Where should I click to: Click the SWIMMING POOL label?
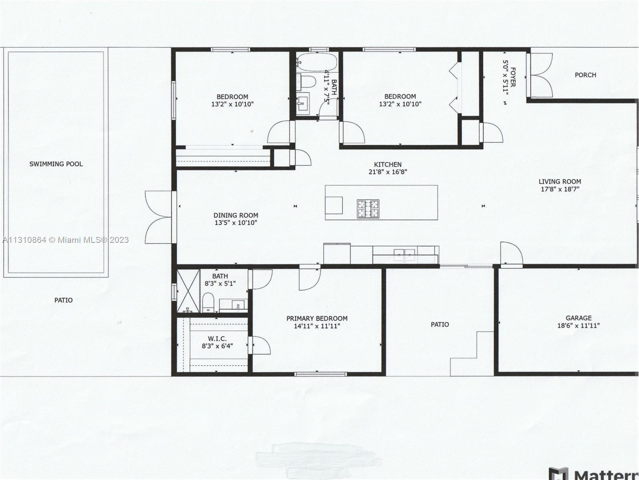click(56, 164)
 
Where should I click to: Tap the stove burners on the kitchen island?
click(368, 209)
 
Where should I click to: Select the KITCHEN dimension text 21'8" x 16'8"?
click(388, 172)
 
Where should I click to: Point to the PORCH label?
click(585, 75)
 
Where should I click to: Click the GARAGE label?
click(579, 318)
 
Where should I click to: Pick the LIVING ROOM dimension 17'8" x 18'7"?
click(560, 189)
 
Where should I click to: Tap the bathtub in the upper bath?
click(317, 62)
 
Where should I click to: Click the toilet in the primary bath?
click(208, 302)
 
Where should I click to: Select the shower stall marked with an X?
click(188, 291)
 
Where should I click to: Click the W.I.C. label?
click(217, 338)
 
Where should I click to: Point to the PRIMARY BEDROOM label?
click(317, 318)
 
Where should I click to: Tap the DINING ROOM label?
click(236, 215)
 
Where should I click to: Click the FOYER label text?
click(513, 77)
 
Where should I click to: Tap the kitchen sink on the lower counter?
click(405, 255)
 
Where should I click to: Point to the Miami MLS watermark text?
click(65, 240)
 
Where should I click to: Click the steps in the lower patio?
click(472, 354)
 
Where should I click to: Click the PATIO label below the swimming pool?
click(63, 300)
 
